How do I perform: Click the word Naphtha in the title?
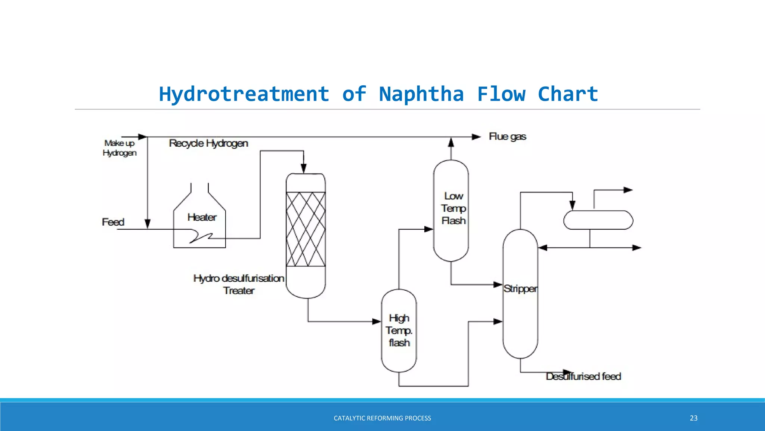421,94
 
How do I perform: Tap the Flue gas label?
507,137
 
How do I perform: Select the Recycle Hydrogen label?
208,143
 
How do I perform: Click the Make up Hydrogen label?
120,148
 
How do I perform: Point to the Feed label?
113,222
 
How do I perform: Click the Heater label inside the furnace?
202,217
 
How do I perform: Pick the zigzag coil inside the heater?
201,237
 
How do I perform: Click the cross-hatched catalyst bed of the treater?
306,229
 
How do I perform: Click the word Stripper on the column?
520,289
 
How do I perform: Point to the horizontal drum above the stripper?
598,220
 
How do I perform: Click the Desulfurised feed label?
583,376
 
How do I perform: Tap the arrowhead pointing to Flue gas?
476,137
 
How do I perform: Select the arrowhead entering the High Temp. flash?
377,321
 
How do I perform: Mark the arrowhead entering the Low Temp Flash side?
428,229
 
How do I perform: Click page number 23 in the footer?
693,418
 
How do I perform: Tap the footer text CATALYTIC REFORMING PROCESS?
382,418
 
